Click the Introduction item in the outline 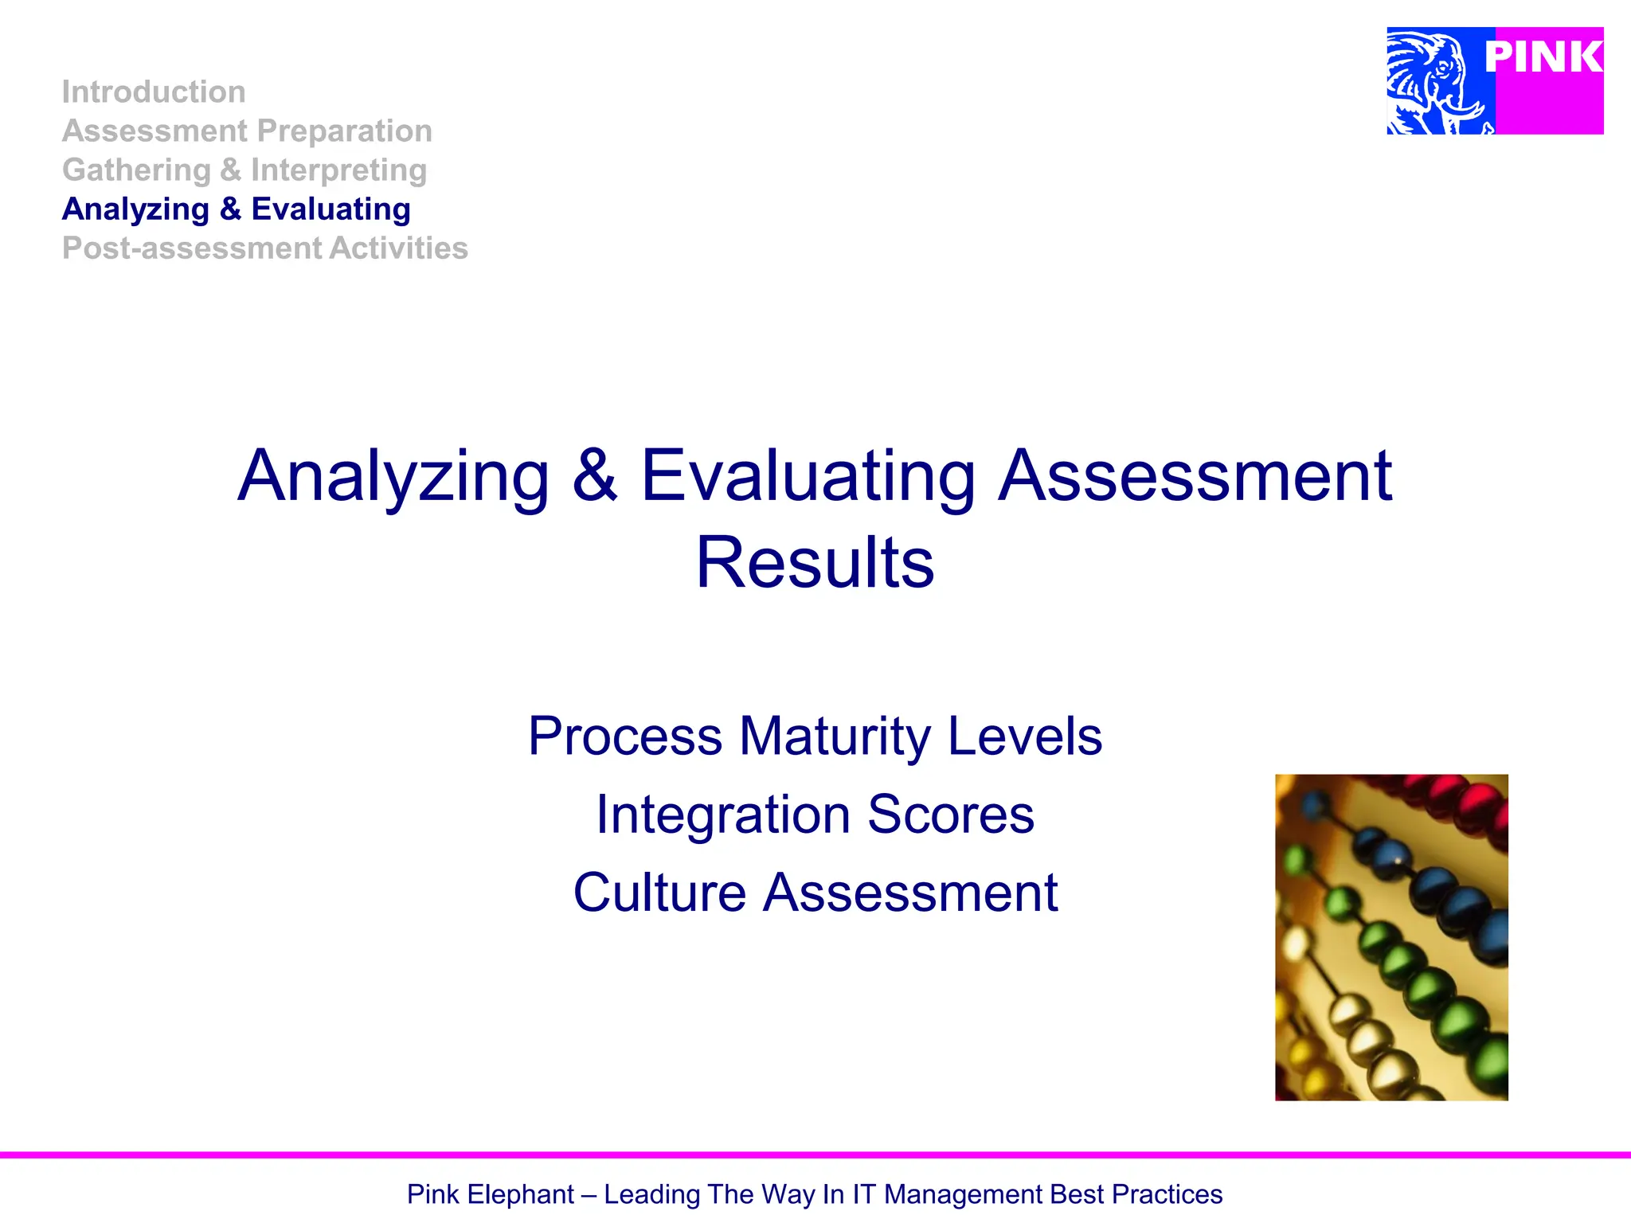tap(154, 92)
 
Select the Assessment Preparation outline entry tap(247, 131)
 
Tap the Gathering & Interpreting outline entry tap(244, 170)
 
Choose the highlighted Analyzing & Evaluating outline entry tap(237, 209)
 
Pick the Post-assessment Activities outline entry tap(265, 248)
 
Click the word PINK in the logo tap(1543, 57)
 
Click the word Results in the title tap(815, 563)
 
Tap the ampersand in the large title tap(595, 475)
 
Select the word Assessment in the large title tap(1195, 475)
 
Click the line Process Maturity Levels tap(815, 736)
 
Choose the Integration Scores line tap(815, 815)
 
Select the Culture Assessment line tap(815, 893)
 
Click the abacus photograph tap(1391, 937)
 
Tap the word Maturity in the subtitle tap(834, 737)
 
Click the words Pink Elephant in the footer tap(490, 1194)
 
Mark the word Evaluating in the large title tap(808, 477)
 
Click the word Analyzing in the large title tap(393, 477)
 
